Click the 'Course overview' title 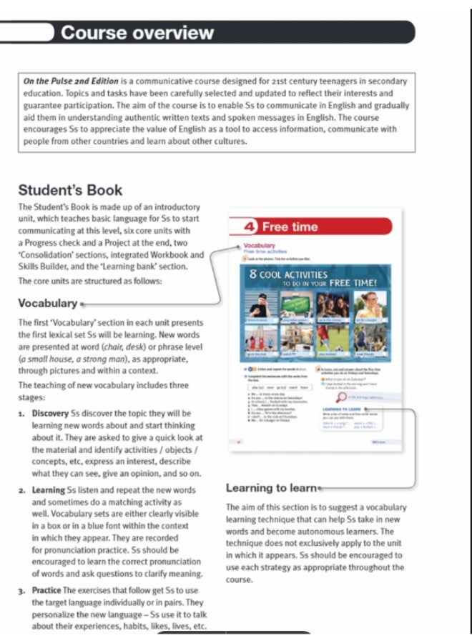pos(137,32)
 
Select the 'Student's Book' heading pos(70,190)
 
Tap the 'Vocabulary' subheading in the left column pos(47,303)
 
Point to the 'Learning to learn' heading pos(270,488)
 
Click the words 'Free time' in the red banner pos(290,227)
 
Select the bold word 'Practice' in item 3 pos(46,590)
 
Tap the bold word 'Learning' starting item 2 pos(48,490)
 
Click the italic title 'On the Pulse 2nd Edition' pos(72,81)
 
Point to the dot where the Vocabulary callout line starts pos(84,304)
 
